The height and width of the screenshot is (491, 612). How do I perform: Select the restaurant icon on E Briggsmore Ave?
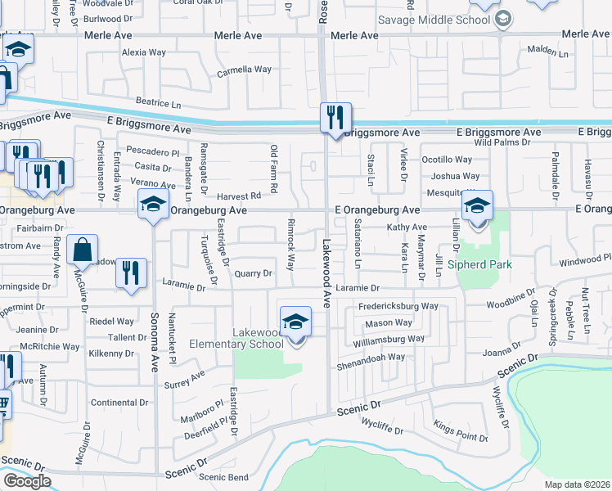point(335,118)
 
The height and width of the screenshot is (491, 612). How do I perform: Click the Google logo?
point(27,481)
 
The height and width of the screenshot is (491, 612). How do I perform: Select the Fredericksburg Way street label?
point(398,306)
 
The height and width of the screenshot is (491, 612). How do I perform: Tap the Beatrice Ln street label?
point(158,104)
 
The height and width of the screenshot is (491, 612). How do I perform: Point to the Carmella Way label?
point(243,70)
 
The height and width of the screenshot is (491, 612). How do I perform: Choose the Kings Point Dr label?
point(461,432)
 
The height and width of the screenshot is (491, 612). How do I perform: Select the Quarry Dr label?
point(252,273)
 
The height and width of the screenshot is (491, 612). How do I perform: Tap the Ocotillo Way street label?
point(447,160)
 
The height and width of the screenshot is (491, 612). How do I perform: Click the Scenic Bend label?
point(223,477)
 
